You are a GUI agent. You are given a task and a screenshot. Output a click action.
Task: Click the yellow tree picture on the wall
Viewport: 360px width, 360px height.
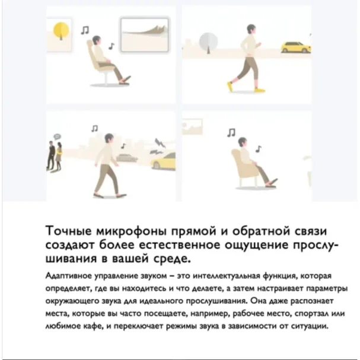pos(59,34)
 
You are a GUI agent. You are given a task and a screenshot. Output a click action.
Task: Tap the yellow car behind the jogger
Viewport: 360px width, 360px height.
pos(296,47)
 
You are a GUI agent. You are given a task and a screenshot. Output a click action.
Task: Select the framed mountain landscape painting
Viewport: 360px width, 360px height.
pos(145,35)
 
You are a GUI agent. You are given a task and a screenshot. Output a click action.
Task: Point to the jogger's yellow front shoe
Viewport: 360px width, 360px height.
pos(230,87)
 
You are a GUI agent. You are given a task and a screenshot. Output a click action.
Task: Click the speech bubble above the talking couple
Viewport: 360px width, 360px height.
pos(57,137)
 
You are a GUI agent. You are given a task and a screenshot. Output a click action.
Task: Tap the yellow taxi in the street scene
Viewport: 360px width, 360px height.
pos(164,161)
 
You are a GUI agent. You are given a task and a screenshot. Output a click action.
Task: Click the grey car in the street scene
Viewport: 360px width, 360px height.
pos(127,157)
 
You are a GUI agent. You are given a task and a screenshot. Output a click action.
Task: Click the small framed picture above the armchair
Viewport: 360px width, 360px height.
pos(192,127)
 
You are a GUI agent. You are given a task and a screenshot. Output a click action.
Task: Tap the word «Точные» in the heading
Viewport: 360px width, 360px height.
pos(68,231)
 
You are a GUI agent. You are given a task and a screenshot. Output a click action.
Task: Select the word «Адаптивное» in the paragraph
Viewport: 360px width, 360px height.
pos(69,276)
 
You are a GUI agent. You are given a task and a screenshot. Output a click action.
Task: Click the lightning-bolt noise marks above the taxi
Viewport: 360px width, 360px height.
pos(158,146)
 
